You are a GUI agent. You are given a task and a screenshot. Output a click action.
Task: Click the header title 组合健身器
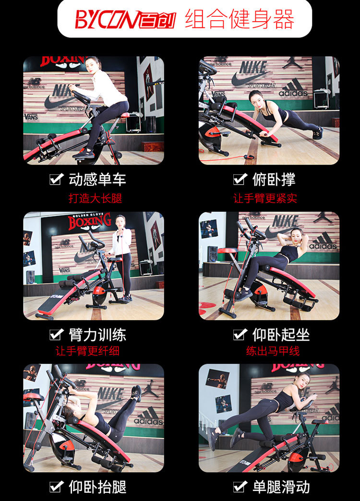(x=240, y=19)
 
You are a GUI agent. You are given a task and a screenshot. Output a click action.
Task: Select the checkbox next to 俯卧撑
(x=240, y=179)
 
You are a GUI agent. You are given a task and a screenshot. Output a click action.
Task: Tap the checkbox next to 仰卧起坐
(x=240, y=334)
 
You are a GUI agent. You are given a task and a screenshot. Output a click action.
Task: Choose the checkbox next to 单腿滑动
(x=240, y=487)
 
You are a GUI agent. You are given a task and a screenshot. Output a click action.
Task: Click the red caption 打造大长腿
(x=95, y=198)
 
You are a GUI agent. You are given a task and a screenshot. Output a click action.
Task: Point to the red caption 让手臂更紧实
(x=265, y=198)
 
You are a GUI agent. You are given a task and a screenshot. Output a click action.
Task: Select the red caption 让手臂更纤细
(x=88, y=351)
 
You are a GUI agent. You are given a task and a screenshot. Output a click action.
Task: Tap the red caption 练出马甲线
(x=273, y=351)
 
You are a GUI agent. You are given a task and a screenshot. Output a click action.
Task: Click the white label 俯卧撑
(x=274, y=179)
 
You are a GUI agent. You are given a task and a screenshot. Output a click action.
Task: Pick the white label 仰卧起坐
(x=281, y=334)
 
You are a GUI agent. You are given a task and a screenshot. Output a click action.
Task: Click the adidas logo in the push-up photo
(x=293, y=88)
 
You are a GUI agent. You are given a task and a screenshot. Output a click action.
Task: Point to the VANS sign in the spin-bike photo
(x=31, y=117)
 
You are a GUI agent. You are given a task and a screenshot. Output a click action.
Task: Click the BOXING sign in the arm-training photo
(x=90, y=221)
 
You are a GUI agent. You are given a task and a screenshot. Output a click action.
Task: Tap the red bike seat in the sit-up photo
(x=228, y=250)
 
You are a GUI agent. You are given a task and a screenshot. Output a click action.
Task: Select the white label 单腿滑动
(x=281, y=487)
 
